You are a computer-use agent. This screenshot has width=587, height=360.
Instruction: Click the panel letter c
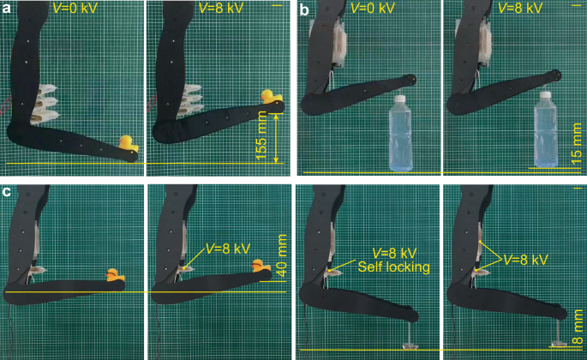6,190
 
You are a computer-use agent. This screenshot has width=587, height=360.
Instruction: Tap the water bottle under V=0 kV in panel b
400,134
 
